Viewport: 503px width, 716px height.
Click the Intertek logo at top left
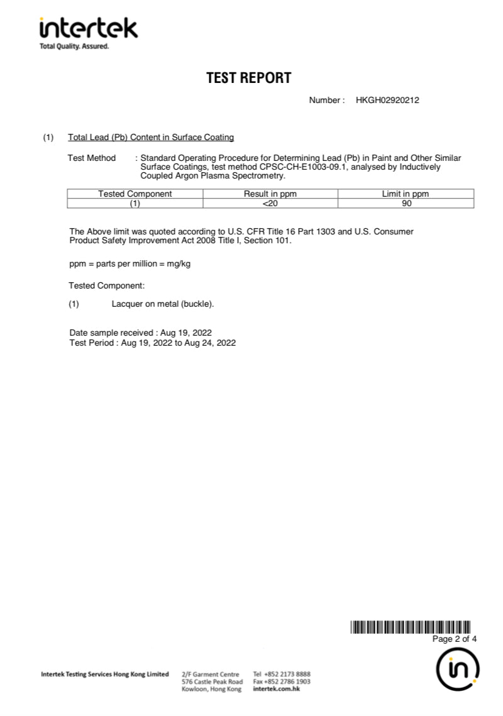88,33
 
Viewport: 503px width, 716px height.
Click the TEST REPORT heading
249,78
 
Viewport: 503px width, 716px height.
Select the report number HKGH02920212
387,101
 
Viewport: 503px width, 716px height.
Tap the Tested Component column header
135,194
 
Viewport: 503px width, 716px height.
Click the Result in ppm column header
270,194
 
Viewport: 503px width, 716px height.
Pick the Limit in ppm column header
406,194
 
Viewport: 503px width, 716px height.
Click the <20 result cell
270,203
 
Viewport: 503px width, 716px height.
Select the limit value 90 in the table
406,203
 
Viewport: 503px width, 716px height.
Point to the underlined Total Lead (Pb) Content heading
151,137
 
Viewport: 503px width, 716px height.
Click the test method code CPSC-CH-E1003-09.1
294,167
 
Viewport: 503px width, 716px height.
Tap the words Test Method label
92,158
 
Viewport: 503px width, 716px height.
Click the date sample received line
140,333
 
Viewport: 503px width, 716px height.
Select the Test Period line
152,343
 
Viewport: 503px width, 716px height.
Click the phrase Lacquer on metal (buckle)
163,304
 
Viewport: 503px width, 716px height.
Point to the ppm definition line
130,263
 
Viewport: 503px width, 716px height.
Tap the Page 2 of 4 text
455,639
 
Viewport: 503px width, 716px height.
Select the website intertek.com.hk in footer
276,689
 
